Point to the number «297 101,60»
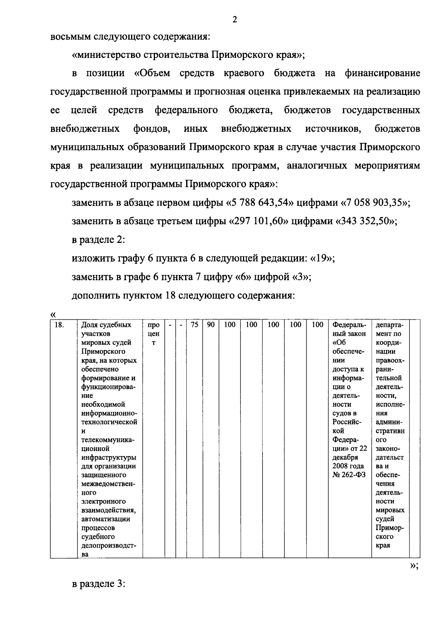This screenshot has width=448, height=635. pyautogui.click(x=259, y=221)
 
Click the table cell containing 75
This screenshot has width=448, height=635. pyautogui.click(x=194, y=325)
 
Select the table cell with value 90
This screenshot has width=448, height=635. pyautogui.click(x=211, y=325)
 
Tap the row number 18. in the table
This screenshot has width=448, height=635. pyautogui.click(x=59, y=325)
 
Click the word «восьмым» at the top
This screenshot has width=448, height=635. pyautogui.click(x=70, y=37)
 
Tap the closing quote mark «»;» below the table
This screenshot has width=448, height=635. pyautogui.click(x=414, y=566)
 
